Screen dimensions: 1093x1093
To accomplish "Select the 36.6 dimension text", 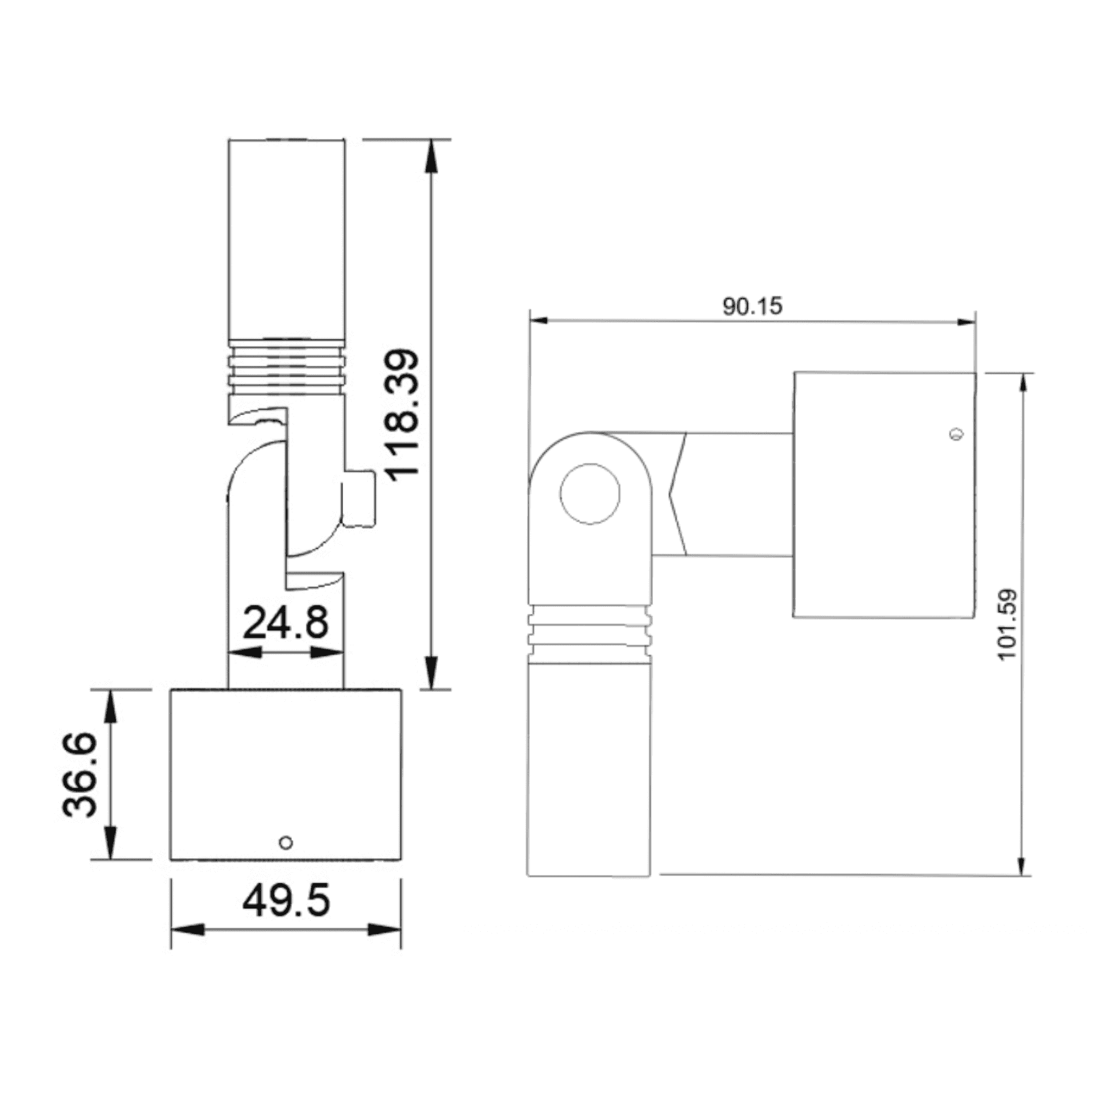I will click(x=80, y=774).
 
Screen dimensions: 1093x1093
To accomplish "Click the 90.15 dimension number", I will click(x=753, y=307).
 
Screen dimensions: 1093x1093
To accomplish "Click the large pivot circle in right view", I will click(x=590, y=494).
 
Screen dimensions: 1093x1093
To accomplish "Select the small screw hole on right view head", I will click(x=956, y=434).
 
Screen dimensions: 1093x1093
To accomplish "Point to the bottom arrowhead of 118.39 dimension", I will click(x=432, y=673).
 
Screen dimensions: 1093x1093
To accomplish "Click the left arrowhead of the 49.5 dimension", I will click(x=187, y=929).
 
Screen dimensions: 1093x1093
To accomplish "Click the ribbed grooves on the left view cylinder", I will click(x=286, y=368).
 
